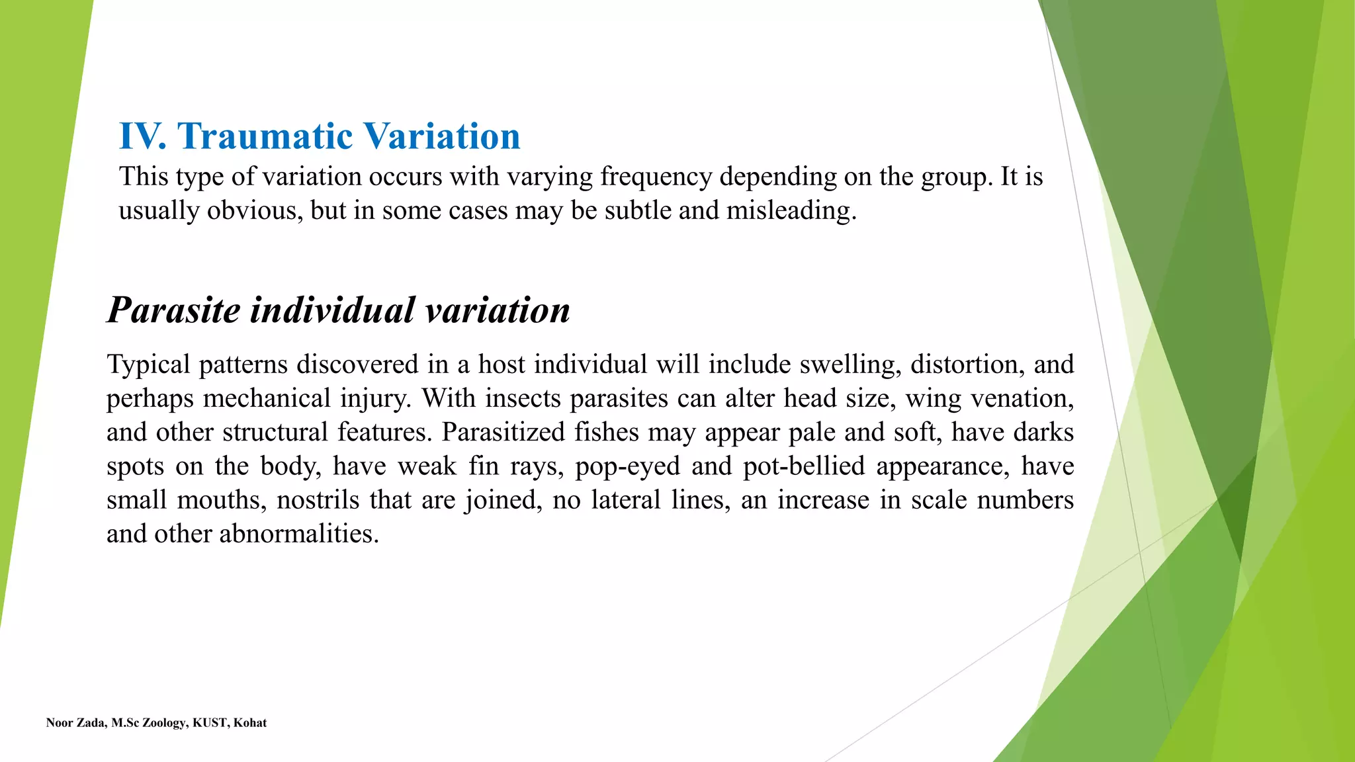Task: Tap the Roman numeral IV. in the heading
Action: (142, 136)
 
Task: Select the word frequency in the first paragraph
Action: (656, 177)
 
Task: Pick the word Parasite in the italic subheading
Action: (173, 310)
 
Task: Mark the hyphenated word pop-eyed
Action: (627, 466)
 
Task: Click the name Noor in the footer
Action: (58, 723)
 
